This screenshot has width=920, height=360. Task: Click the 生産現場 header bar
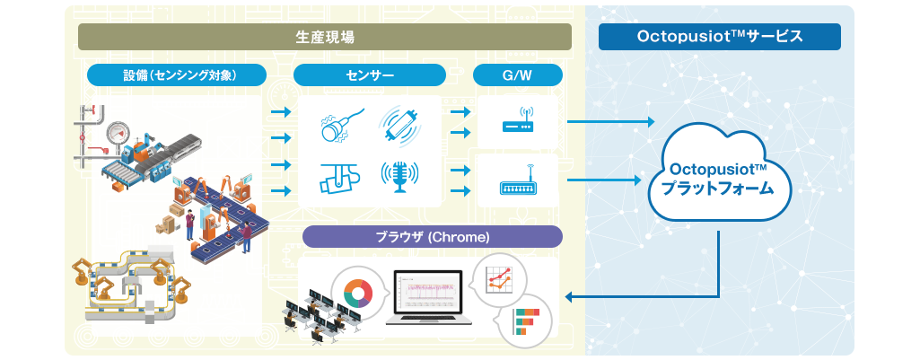pos(324,37)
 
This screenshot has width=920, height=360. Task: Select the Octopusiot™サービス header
pos(719,37)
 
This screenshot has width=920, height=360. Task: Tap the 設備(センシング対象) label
pos(177,75)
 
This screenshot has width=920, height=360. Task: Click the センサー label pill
pos(370,75)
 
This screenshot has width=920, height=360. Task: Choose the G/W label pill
pos(518,75)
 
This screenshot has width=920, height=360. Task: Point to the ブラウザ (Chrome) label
pos(433,237)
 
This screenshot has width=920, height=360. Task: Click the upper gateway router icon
pos(517,120)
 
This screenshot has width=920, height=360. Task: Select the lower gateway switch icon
pos(517,180)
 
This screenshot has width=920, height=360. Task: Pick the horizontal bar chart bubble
pos(525,320)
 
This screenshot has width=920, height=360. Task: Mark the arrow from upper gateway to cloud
pos(610,122)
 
